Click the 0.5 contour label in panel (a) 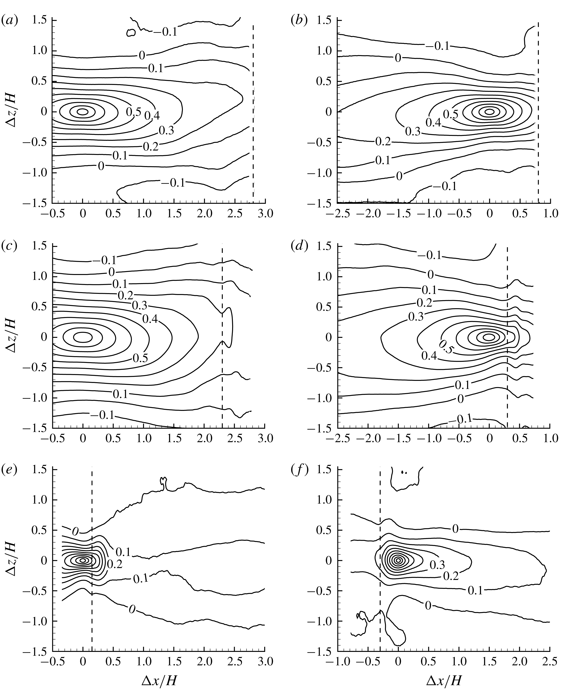(x=133, y=112)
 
